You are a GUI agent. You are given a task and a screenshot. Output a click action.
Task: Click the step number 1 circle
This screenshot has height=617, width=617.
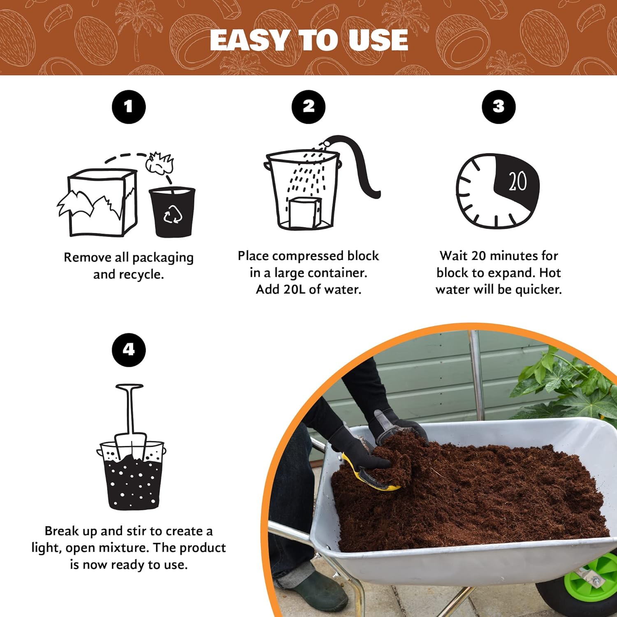tap(129, 107)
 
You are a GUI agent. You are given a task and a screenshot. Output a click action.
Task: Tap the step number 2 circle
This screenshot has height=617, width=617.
tap(308, 107)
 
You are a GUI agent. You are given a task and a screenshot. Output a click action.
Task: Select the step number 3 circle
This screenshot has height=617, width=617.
tap(499, 107)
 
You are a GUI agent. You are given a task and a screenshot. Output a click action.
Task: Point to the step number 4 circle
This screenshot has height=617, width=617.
tap(129, 350)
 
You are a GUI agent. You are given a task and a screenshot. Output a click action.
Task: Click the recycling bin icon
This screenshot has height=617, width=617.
tap(172, 212)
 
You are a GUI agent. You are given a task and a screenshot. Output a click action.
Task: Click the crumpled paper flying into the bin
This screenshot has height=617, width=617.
tap(160, 163)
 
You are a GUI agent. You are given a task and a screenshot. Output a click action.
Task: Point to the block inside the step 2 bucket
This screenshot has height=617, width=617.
tap(304, 212)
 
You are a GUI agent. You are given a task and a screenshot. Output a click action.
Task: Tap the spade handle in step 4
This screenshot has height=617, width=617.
tap(130, 407)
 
